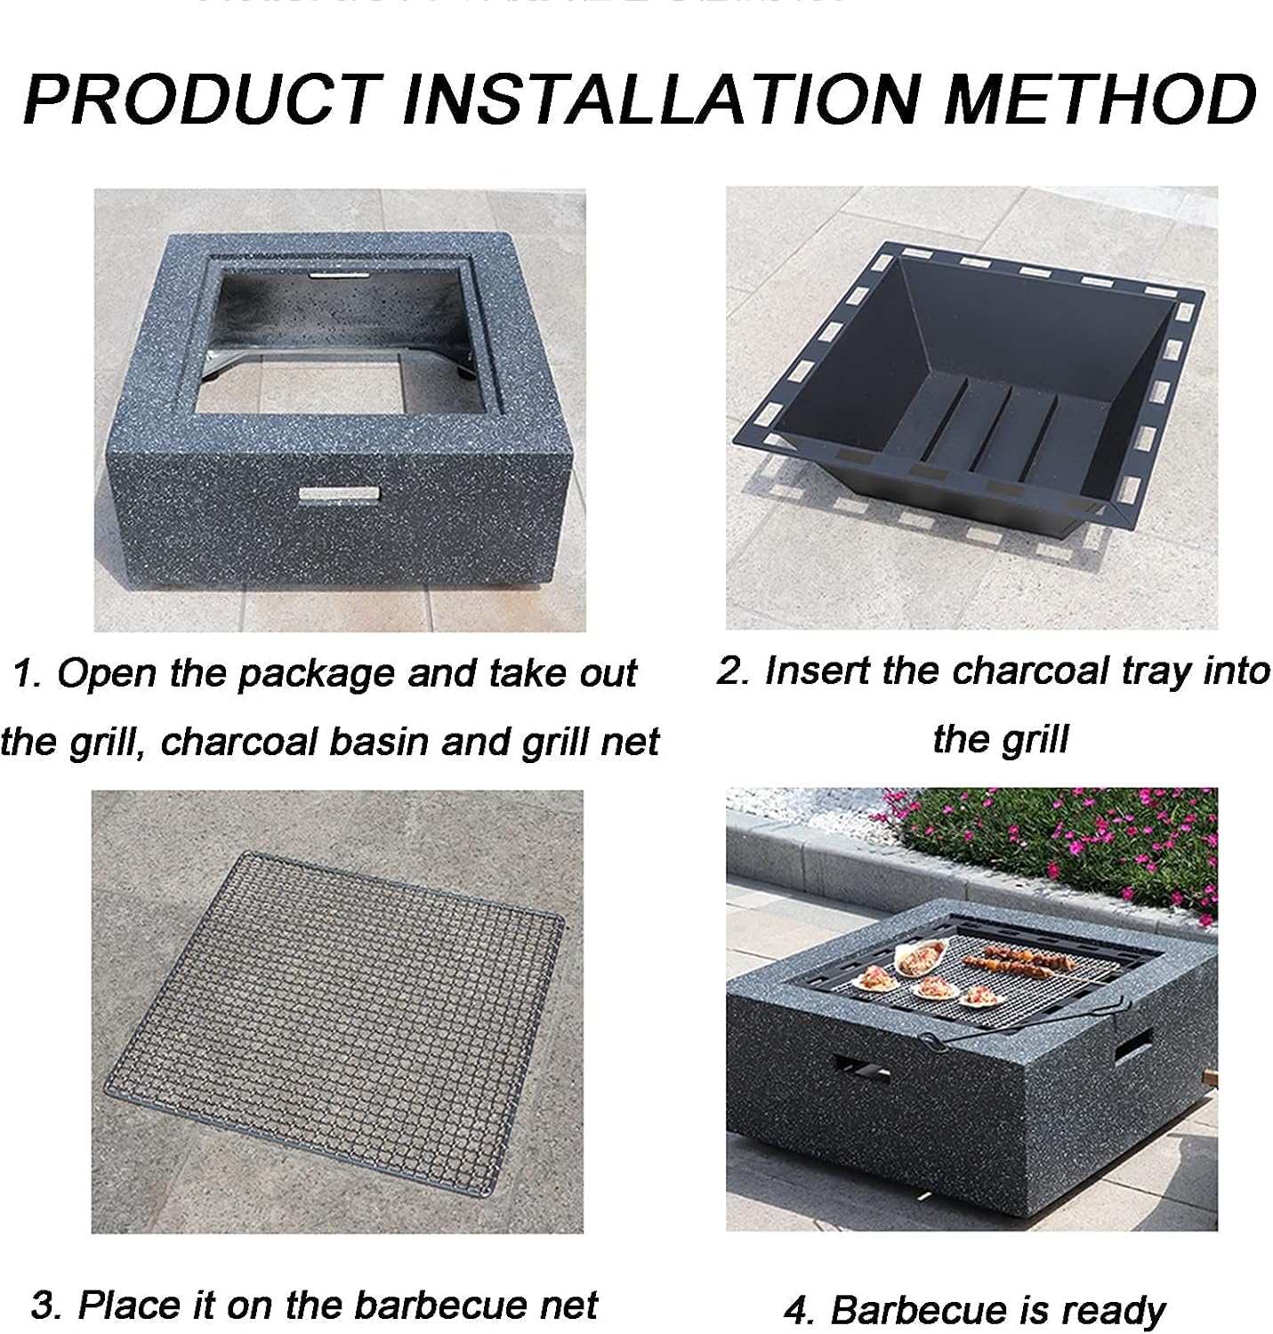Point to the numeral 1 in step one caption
26,673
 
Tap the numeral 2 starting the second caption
732,671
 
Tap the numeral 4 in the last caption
797,1310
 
